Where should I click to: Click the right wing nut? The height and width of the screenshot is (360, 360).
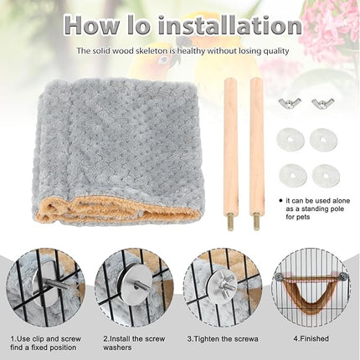point(322,104)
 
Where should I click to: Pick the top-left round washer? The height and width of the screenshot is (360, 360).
point(288,139)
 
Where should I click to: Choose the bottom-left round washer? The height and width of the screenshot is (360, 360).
point(288,174)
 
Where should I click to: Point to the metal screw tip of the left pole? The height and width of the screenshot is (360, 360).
point(227,223)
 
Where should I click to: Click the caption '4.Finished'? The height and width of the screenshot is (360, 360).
point(311,338)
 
